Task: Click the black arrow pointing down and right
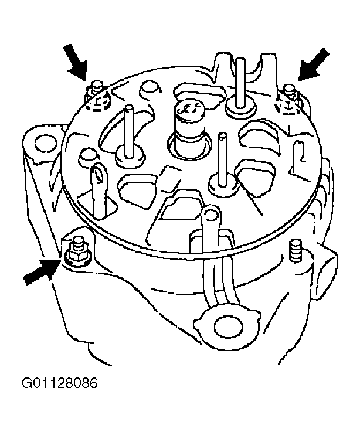pyautogui.click(x=76, y=63)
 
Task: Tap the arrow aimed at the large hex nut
pyautogui.click(x=42, y=271)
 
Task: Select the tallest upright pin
pyautogui.click(x=240, y=83)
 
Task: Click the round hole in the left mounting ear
pyautogui.click(x=46, y=143)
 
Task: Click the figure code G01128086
pyautogui.click(x=60, y=383)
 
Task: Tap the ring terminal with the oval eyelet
pyautogui.click(x=99, y=176)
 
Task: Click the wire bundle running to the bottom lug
pyautogui.click(x=218, y=275)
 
